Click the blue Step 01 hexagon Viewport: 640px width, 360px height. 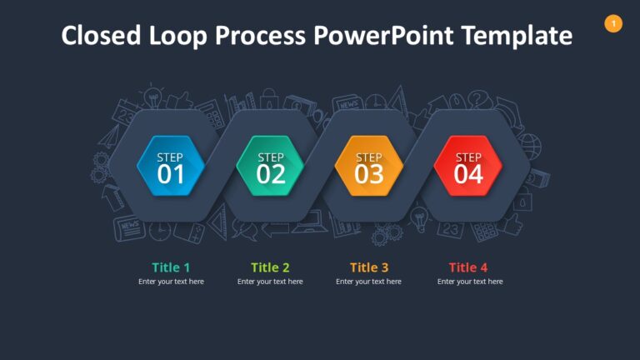(x=171, y=166)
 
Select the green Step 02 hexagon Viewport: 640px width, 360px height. (x=271, y=166)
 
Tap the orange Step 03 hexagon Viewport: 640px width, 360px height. (x=369, y=166)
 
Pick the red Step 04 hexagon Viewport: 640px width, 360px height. (x=468, y=166)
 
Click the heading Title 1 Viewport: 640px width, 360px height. (x=171, y=267)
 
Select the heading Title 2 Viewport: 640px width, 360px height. (x=270, y=267)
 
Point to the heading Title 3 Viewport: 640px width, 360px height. (x=369, y=267)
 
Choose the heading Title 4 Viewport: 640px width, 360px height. (x=468, y=267)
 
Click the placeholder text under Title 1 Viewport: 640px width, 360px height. (x=171, y=282)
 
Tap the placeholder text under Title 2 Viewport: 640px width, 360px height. (x=270, y=282)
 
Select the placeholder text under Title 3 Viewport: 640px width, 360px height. (x=368, y=282)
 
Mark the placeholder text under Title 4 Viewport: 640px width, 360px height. (x=470, y=282)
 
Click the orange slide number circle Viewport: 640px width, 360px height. (x=613, y=24)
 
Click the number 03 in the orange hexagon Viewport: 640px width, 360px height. (x=369, y=174)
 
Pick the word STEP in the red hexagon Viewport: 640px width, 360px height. (x=468, y=157)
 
